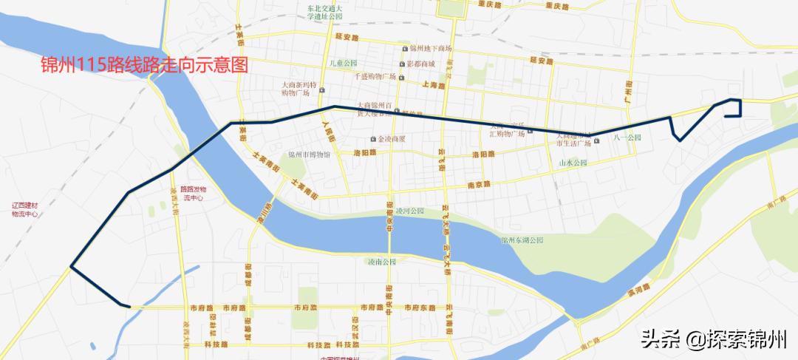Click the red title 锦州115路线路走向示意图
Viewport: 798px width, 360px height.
point(144,65)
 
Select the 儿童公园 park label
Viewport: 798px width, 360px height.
point(344,64)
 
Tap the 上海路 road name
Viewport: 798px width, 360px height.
point(435,86)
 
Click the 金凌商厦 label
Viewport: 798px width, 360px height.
point(396,139)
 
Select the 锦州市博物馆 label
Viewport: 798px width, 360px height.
point(314,154)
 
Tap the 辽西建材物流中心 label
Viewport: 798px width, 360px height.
point(30,208)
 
